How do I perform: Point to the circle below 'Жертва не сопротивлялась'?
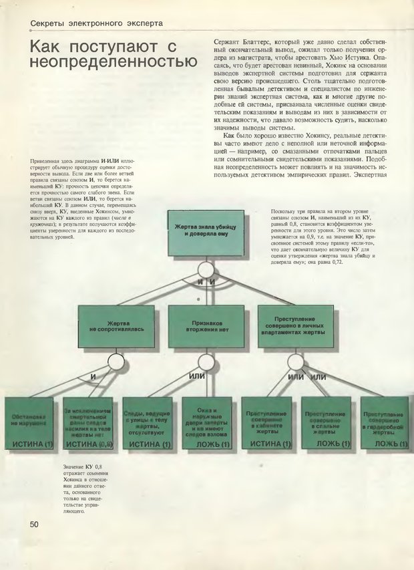[x=117, y=362]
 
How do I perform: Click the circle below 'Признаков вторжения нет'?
[x=207, y=362]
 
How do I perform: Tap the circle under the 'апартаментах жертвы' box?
[x=296, y=362]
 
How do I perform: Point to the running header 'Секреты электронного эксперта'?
[x=97, y=23]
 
